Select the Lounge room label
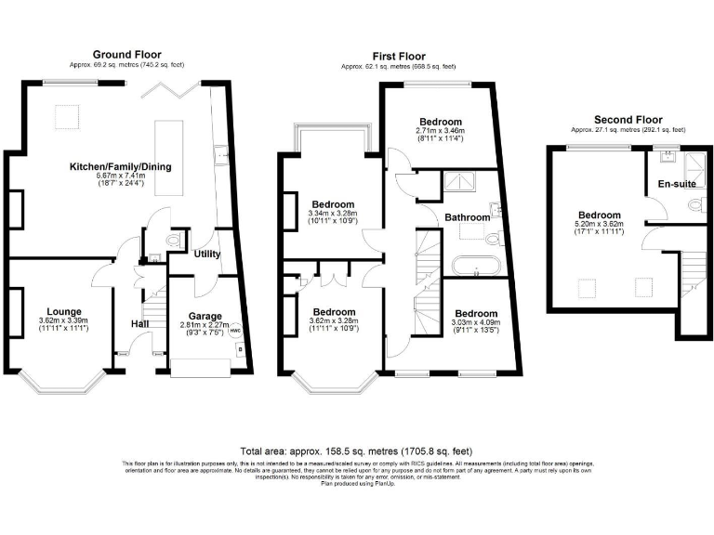pos(60,312)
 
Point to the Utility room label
pos(207,254)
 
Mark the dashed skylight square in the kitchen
pos(67,117)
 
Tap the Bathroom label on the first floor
pos(466,217)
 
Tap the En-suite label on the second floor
pos(675,185)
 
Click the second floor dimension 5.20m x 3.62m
pos(598,224)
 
